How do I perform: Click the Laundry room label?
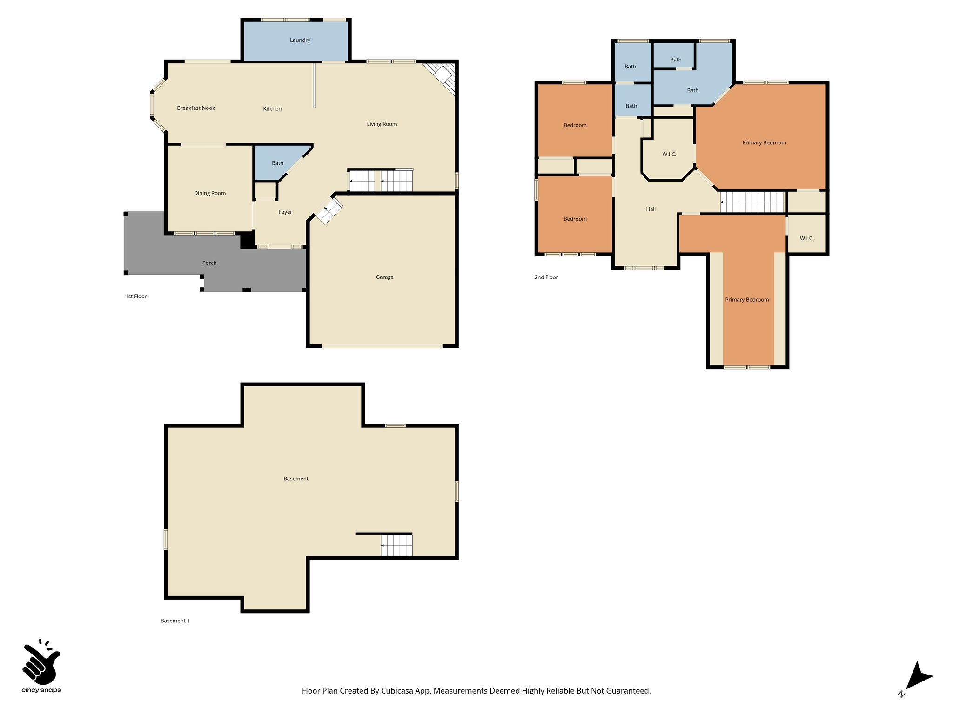pyautogui.click(x=300, y=40)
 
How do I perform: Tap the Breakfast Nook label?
pyautogui.click(x=196, y=108)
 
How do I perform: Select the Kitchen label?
pyautogui.click(x=272, y=109)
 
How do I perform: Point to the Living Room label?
pyautogui.click(x=382, y=124)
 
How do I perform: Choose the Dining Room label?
pyautogui.click(x=209, y=193)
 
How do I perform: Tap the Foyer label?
pyautogui.click(x=285, y=212)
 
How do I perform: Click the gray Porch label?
pyautogui.click(x=209, y=263)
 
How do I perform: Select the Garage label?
pyautogui.click(x=384, y=277)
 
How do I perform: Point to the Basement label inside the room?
pyautogui.click(x=296, y=479)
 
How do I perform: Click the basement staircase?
pyautogui.click(x=396, y=545)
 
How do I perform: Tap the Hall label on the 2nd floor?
pyautogui.click(x=651, y=209)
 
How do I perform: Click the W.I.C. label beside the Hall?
pyautogui.click(x=669, y=154)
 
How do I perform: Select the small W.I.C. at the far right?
pyautogui.click(x=806, y=238)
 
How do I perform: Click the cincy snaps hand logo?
pyautogui.click(x=41, y=661)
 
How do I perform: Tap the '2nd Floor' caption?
pyautogui.click(x=546, y=277)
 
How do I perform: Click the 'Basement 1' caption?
pyautogui.click(x=175, y=621)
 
